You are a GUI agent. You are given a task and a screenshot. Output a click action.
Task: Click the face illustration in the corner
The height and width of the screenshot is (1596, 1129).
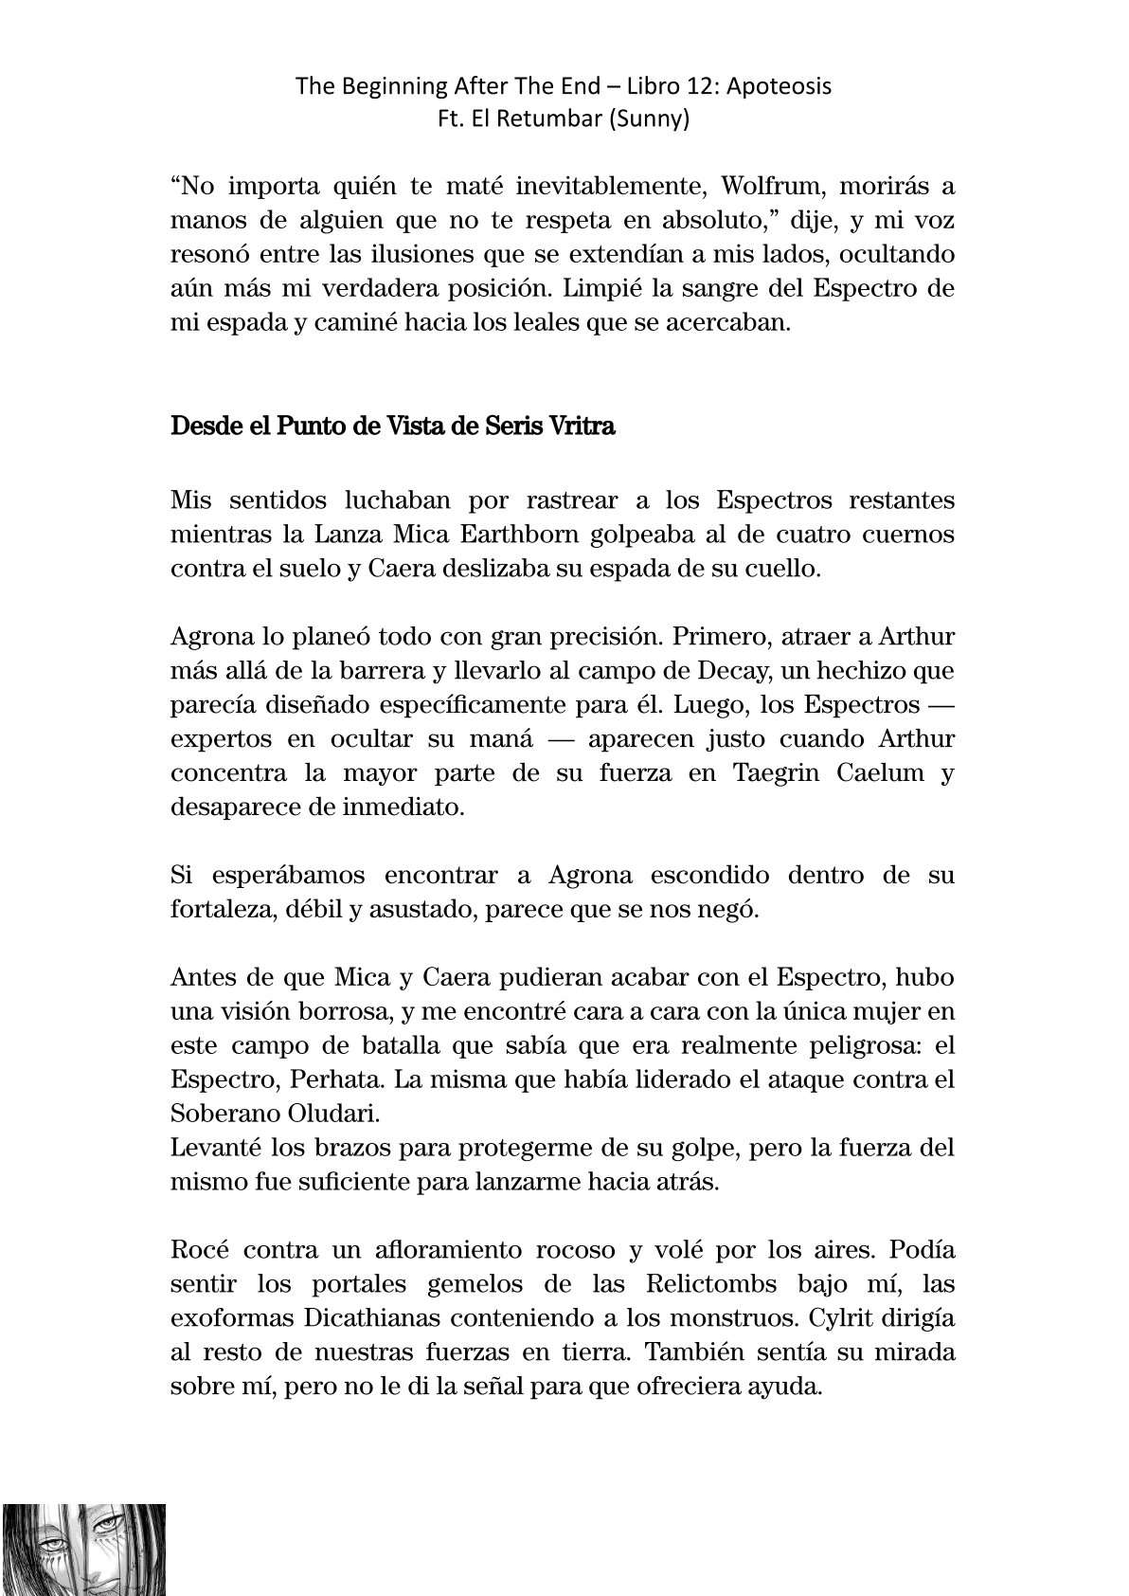(84, 1549)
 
